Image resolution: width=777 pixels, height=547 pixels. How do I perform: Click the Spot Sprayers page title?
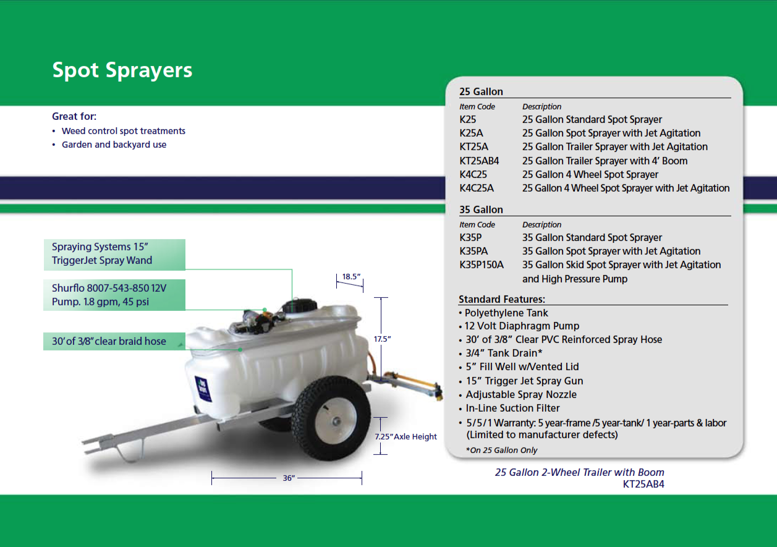tap(122, 70)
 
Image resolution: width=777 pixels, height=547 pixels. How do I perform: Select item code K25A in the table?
tap(472, 133)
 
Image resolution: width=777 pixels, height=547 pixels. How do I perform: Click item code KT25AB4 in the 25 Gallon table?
tap(479, 161)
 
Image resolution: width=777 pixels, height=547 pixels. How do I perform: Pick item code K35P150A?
tap(482, 265)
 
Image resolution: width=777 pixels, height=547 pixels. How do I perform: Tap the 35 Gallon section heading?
tap(481, 210)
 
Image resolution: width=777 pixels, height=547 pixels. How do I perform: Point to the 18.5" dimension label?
tap(351, 277)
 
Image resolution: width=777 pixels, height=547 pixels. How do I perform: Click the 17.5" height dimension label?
tap(383, 339)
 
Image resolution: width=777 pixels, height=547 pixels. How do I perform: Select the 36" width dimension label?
tap(289, 478)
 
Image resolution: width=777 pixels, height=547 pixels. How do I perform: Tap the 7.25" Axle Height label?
tap(406, 436)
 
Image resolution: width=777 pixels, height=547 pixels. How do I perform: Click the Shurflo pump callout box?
tap(114, 295)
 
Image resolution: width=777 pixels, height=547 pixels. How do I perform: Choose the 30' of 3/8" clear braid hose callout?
tap(114, 341)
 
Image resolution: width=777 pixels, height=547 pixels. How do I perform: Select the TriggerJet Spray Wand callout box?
tap(114, 254)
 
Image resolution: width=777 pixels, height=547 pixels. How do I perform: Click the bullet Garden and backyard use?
tap(114, 145)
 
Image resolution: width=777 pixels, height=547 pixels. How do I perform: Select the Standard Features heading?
tap(501, 299)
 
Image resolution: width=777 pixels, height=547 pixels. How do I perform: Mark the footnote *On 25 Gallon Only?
tap(501, 450)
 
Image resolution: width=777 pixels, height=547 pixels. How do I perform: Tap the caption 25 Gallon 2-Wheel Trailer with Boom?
tap(579, 472)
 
